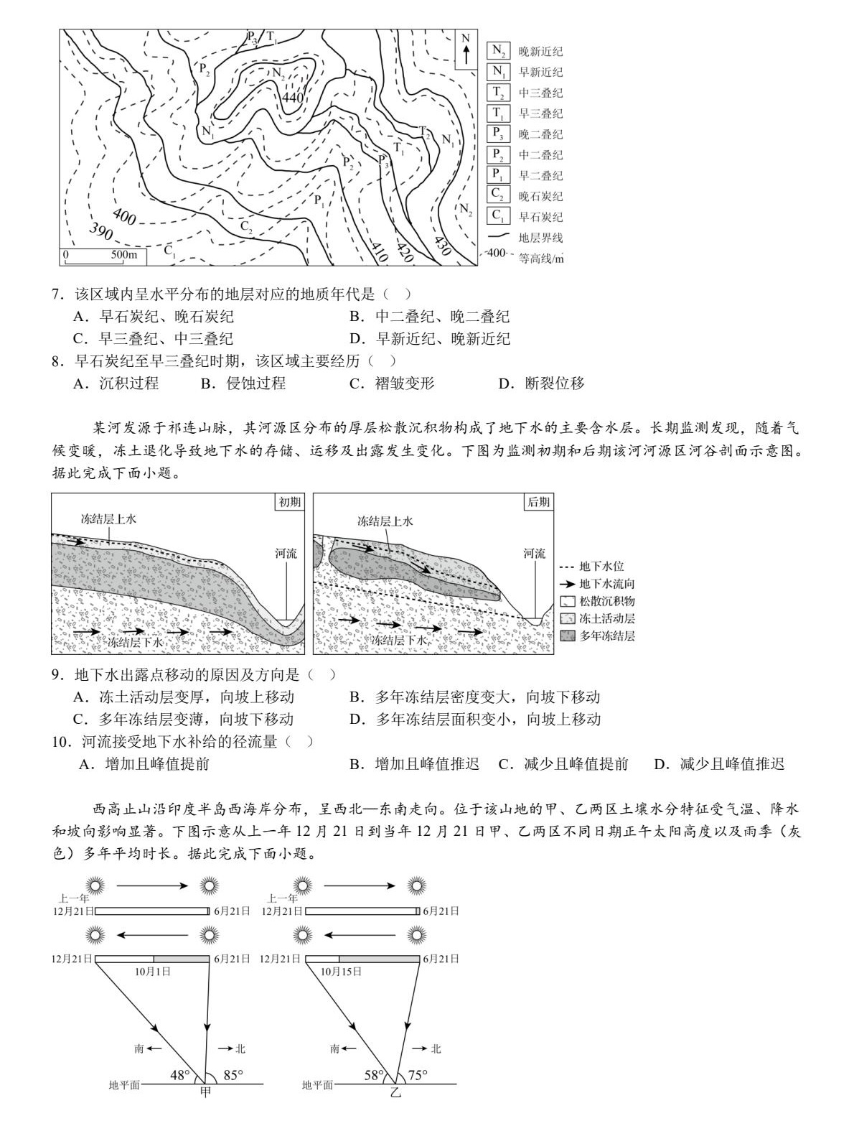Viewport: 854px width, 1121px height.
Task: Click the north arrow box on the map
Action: pyautogui.click(x=466, y=50)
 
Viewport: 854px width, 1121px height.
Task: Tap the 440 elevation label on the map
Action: pyautogui.click(x=294, y=98)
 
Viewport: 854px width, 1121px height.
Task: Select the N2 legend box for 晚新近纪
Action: pyautogui.click(x=498, y=52)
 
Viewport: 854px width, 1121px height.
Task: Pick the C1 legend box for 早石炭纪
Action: pyautogui.click(x=498, y=216)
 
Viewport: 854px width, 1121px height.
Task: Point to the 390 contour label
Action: pyautogui.click(x=101, y=231)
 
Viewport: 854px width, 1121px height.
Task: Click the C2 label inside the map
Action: pyautogui.click(x=246, y=227)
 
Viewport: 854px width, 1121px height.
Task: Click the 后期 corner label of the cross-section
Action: pyautogui.click(x=539, y=502)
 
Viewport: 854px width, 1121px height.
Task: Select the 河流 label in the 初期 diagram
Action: pyautogui.click(x=286, y=554)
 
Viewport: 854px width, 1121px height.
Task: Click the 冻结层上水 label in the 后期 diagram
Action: pyautogui.click(x=385, y=521)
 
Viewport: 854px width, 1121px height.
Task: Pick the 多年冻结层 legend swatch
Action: pyautogui.click(x=568, y=636)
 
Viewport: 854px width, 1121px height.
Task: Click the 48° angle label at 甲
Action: pyautogui.click(x=180, y=1076)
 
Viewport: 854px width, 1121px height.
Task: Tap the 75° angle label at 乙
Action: pyautogui.click(x=417, y=1075)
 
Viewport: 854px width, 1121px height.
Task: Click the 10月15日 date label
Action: pyautogui.click(x=340, y=971)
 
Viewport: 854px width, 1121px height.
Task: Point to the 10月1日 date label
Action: pyautogui.click(x=153, y=971)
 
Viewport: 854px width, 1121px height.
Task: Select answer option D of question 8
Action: pyautogui.click(x=541, y=383)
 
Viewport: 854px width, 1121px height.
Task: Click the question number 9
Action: pyautogui.click(x=58, y=675)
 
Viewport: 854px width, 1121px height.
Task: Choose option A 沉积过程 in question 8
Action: pyautogui.click(x=116, y=383)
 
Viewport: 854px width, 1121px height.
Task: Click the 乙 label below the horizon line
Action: pyautogui.click(x=395, y=1092)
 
